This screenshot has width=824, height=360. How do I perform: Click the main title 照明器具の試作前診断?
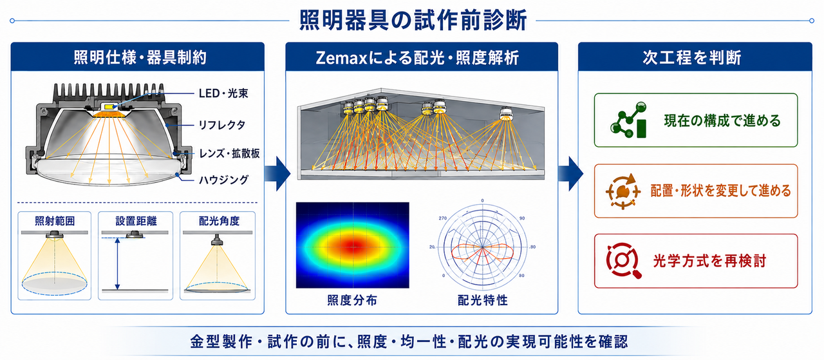pos(413,20)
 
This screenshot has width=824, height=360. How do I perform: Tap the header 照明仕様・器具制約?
pos(140,58)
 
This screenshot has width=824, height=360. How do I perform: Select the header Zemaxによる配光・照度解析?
pos(417,58)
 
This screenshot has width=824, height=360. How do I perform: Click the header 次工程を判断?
pos(692,58)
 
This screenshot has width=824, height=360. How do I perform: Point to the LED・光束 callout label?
pos(223,93)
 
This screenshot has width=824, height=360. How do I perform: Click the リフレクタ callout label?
pos(222,125)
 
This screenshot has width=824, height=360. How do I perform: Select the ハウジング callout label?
pos(223,180)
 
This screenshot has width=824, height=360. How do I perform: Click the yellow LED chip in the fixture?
pos(110,106)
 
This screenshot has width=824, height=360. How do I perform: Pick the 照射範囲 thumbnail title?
pos(55,221)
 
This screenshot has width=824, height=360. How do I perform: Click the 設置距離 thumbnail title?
pos(136,221)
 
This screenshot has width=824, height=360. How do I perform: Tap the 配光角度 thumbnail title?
pos(219,221)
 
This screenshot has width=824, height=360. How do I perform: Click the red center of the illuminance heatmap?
pos(354,245)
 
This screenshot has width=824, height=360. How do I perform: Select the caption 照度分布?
pos(352,300)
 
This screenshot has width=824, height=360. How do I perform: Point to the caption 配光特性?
pos(483,300)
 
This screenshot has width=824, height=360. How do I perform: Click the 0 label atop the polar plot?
pos(482,201)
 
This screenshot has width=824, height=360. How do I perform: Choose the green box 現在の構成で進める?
pos(696,120)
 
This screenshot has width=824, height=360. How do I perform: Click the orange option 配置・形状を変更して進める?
pos(696,191)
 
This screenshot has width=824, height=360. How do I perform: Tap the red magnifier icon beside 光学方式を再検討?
pos(623,261)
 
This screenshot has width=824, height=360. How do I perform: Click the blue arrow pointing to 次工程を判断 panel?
pos(570,173)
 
